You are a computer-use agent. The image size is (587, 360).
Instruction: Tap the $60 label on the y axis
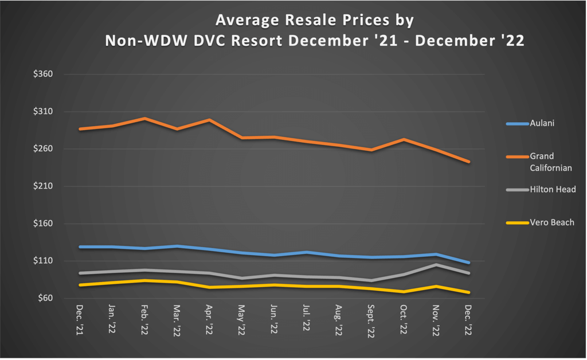[x=46, y=298]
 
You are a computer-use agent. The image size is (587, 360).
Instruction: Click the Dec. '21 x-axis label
[x=80, y=319]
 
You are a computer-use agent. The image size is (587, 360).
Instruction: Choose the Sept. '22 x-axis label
[x=371, y=322]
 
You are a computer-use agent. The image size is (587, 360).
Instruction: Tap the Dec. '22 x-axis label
[x=469, y=319]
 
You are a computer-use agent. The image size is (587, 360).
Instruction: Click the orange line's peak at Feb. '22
[x=144, y=119]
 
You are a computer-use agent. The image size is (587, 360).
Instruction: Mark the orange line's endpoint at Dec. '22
[x=469, y=162]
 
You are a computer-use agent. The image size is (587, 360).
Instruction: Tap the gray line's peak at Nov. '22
[x=437, y=265]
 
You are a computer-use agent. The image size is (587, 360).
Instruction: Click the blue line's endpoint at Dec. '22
[x=469, y=263]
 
